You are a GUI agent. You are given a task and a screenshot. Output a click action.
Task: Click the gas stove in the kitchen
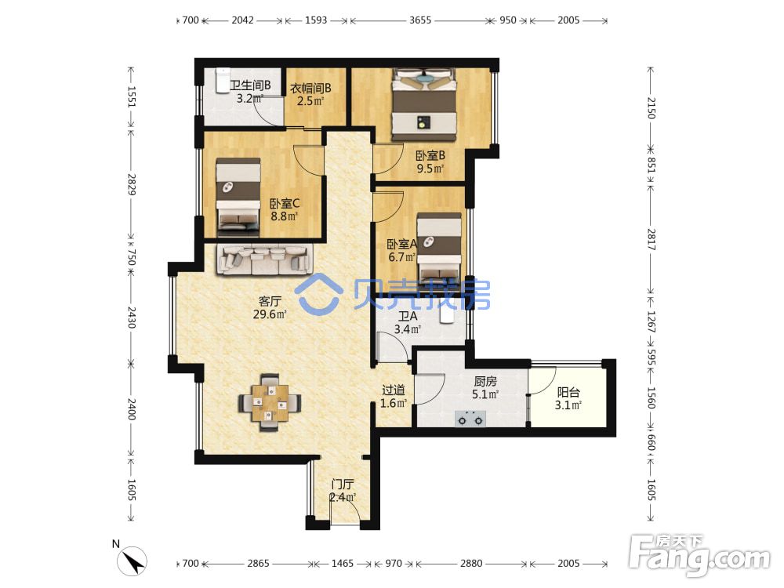pyautogui.click(x=470, y=419)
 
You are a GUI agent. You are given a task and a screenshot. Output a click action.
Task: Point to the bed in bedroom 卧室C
pyautogui.click(x=238, y=197)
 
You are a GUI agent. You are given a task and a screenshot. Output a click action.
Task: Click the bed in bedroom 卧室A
pyautogui.click(x=440, y=252)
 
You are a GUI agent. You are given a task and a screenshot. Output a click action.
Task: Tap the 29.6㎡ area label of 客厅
pyautogui.click(x=270, y=314)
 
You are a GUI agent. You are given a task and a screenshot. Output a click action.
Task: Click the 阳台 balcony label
pyautogui.click(x=568, y=393)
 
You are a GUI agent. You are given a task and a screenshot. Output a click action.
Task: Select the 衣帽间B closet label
pyautogui.click(x=310, y=89)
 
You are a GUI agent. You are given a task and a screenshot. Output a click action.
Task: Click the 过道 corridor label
pyautogui.click(x=393, y=390)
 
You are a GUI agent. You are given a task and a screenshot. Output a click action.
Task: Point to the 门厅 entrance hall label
pyautogui.click(x=343, y=484)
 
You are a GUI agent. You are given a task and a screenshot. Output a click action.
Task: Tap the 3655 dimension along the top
pyautogui.click(x=420, y=20)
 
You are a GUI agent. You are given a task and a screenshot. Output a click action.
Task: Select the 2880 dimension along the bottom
pyautogui.click(x=471, y=564)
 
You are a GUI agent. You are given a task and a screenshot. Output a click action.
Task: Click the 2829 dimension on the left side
pyautogui.click(x=132, y=184)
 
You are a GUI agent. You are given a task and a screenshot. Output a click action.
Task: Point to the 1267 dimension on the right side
pyautogui.click(x=651, y=321)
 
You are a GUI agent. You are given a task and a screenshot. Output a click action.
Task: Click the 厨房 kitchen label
pyautogui.click(x=485, y=382)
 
